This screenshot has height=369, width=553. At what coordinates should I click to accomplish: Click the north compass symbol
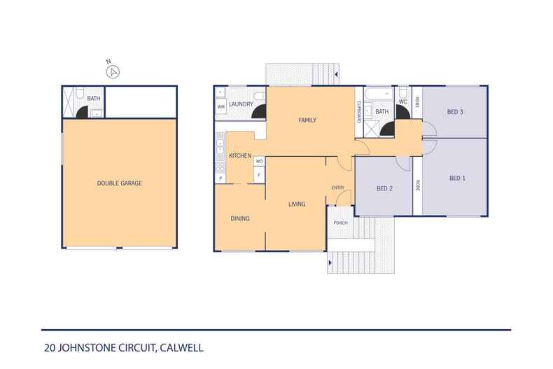(x=113, y=71)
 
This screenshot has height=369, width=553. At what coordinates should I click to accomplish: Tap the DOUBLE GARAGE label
(x=119, y=183)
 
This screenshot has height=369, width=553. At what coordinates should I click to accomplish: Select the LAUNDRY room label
(x=241, y=104)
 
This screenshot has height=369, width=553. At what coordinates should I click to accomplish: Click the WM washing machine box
(x=220, y=106)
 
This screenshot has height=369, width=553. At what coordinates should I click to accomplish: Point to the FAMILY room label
(x=307, y=120)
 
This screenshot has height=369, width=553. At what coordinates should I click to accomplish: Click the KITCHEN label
(x=240, y=155)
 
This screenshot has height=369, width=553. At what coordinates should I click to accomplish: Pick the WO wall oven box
(x=259, y=161)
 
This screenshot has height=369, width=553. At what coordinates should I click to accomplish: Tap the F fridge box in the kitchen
(x=259, y=174)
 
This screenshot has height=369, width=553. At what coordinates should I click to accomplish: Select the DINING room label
(x=240, y=218)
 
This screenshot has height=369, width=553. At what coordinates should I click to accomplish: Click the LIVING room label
(x=297, y=204)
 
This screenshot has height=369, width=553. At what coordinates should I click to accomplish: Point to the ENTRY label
(x=338, y=188)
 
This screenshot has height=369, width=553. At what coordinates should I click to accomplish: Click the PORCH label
(x=340, y=223)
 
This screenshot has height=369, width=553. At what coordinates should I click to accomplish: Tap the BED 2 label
(x=384, y=188)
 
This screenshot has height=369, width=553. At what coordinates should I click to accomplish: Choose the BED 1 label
(x=457, y=178)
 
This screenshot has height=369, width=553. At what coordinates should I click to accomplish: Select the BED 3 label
(x=455, y=112)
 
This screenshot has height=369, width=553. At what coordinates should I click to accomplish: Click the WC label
(x=403, y=102)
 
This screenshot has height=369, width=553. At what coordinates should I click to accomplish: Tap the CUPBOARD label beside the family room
(x=359, y=112)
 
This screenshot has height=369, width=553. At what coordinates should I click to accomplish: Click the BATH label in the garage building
(x=94, y=99)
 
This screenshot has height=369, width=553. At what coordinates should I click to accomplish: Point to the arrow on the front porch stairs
(x=330, y=263)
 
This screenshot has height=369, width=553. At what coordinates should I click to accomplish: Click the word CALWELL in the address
(x=181, y=348)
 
